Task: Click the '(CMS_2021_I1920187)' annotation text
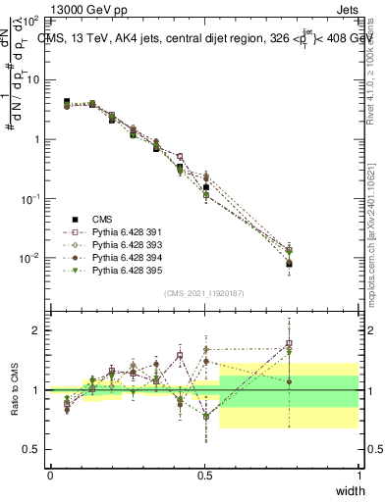coord(203,293)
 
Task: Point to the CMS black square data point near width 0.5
coord(206,187)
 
